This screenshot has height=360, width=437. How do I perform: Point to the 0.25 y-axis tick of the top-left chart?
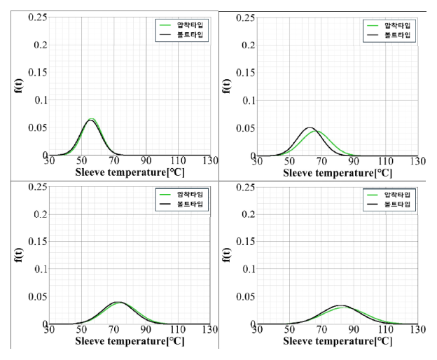coord(36,17)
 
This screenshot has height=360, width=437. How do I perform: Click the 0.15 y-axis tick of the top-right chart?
coord(245,72)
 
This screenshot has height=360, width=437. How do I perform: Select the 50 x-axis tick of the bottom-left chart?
coord(82,329)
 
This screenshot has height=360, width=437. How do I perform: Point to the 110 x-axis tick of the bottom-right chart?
coord(386,329)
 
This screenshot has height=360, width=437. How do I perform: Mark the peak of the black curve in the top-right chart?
coord(310,127)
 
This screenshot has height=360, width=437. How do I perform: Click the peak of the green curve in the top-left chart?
coord(91,118)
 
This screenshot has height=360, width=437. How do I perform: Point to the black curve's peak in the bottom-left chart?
coord(120,302)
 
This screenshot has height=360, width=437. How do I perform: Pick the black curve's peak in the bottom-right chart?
coord(340,305)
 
